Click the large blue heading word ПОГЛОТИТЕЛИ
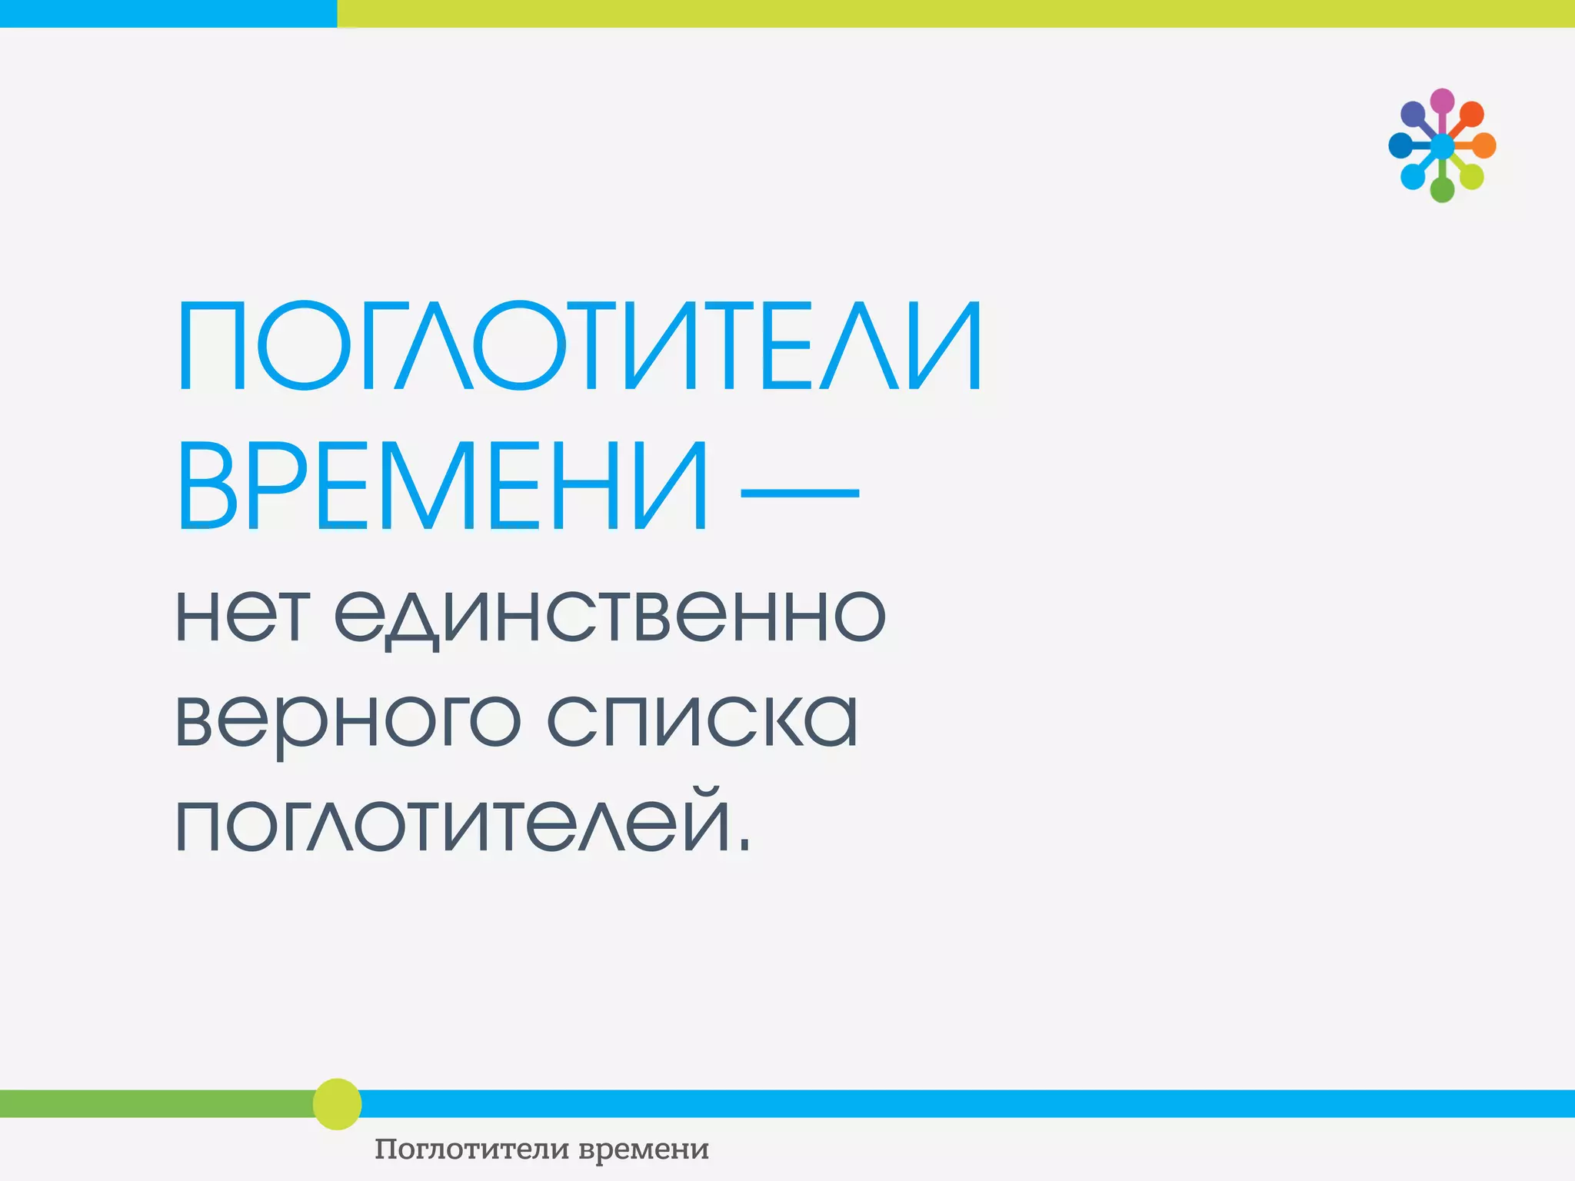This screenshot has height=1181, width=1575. click(x=580, y=347)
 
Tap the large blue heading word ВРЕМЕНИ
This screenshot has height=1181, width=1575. click(x=442, y=487)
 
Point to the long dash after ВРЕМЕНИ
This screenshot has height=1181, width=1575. click(x=799, y=493)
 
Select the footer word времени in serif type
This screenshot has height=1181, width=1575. click(x=643, y=1149)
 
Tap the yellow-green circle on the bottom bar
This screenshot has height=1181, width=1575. click(x=337, y=1104)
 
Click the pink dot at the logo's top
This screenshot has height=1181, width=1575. click(x=1442, y=101)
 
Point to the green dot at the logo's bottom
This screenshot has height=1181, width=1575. click(x=1442, y=189)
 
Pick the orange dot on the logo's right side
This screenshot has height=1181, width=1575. click(x=1483, y=145)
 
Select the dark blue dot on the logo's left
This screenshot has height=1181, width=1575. click(x=1400, y=145)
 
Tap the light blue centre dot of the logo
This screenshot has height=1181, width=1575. click(x=1442, y=145)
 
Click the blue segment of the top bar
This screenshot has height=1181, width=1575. click(x=168, y=13)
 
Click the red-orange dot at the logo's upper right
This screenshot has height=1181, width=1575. click(x=1471, y=115)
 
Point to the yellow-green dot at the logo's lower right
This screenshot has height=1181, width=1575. click(x=1471, y=176)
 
